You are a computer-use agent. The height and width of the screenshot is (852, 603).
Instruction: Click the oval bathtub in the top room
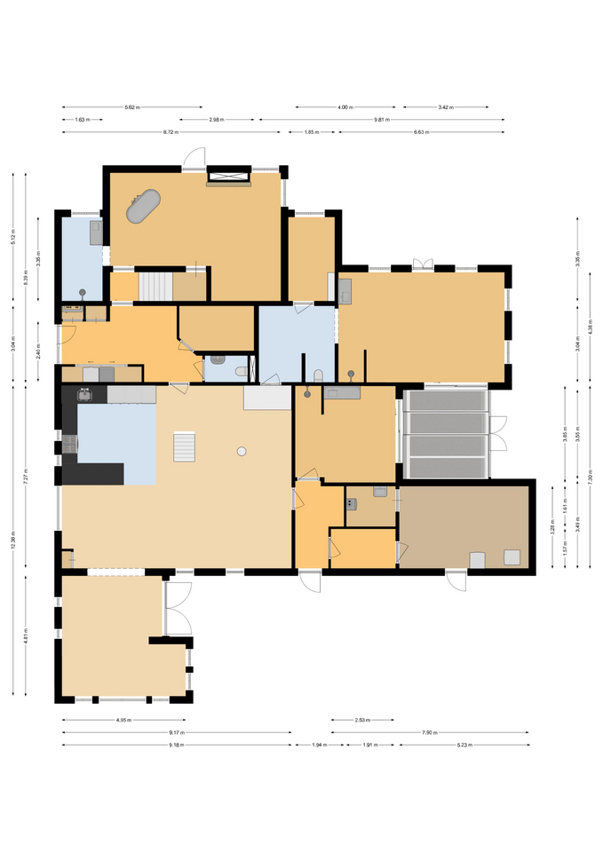click(x=144, y=206)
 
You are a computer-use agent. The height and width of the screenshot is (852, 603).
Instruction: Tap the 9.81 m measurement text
click(x=382, y=120)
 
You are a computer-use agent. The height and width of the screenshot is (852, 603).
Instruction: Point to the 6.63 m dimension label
click(x=421, y=132)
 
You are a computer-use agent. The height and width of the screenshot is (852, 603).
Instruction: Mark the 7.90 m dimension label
click(x=429, y=733)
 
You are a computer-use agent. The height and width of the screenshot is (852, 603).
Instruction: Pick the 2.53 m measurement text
click(x=362, y=721)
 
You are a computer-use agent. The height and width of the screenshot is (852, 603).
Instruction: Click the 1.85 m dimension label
click(x=311, y=132)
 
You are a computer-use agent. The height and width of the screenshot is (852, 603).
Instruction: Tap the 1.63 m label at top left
click(x=81, y=120)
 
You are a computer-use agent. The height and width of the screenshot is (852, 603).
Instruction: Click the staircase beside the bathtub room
click(x=155, y=287)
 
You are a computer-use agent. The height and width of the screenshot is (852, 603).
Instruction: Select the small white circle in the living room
click(x=242, y=452)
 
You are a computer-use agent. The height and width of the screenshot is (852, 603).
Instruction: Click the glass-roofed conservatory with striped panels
click(x=445, y=434)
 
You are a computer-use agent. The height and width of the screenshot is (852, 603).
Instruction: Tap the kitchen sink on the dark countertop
click(x=85, y=396)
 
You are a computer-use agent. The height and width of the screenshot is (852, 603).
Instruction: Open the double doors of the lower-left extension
click(x=178, y=609)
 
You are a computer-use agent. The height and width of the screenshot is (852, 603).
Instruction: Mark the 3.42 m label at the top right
click(x=445, y=107)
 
